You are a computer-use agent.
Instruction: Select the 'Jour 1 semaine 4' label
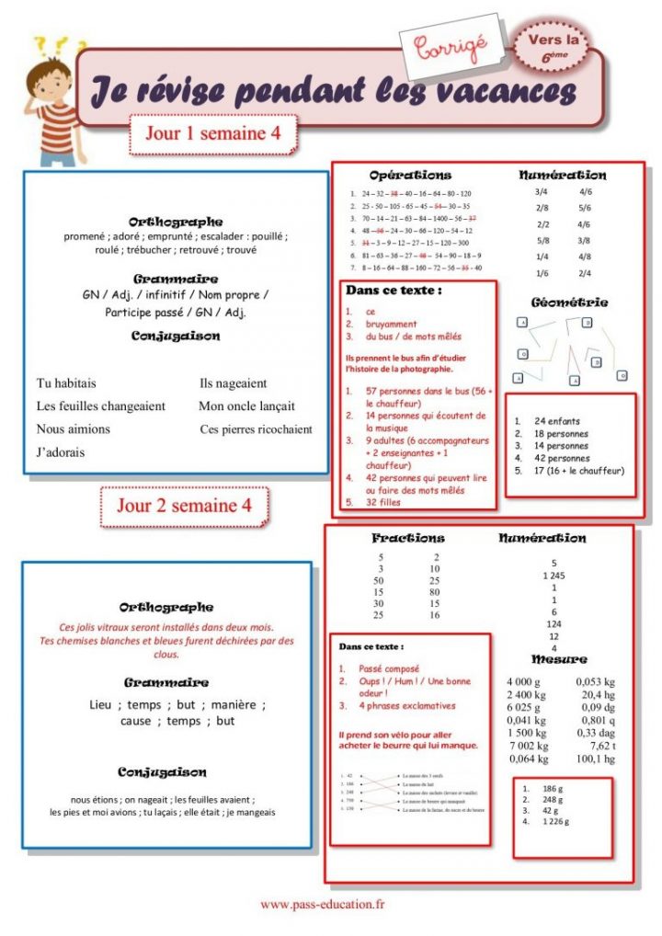[x=212, y=132]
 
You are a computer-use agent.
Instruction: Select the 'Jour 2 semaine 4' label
[x=184, y=506]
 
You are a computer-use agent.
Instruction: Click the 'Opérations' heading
[x=410, y=175]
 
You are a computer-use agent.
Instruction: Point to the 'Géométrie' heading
[x=569, y=302]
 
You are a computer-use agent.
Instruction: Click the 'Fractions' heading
[x=408, y=538]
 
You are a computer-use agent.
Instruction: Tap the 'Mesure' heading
[x=559, y=659]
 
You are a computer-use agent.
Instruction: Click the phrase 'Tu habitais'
[x=66, y=383]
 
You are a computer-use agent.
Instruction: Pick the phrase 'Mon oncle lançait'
[x=246, y=405]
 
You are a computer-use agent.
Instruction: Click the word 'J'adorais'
[x=62, y=451]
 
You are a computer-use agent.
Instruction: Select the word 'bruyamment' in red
[x=391, y=324]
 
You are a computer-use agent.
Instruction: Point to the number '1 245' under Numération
[x=554, y=576]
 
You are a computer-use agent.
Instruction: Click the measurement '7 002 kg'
[x=528, y=746]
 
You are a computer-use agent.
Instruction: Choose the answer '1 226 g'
[x=556, y=822]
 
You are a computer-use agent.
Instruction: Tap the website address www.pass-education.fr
[x=323, y=905]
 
